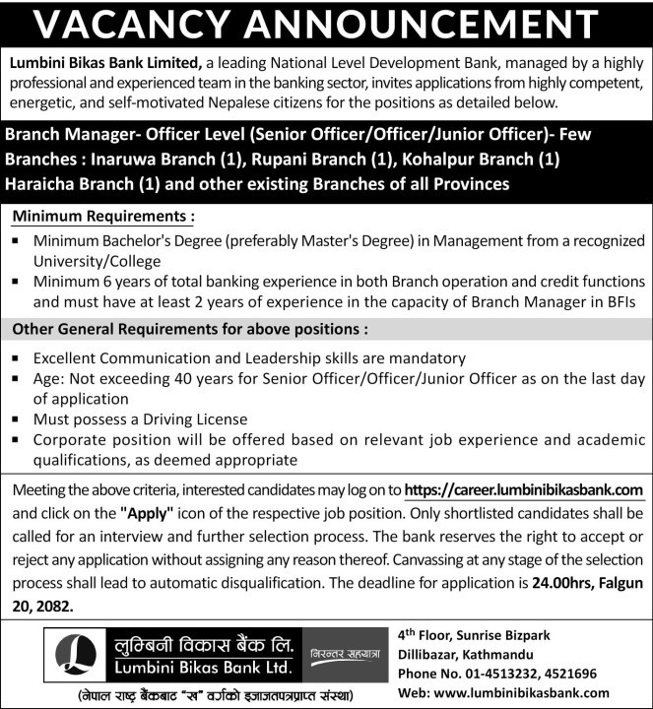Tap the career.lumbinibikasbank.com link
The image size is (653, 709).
pos(524,489)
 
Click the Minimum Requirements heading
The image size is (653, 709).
pos(103,214)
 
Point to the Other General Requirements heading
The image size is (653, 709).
pos(190,329)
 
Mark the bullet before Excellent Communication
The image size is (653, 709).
pos(17,359)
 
